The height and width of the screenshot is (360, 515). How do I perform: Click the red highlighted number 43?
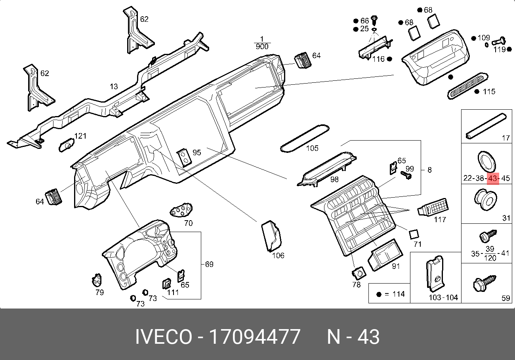(493, 178)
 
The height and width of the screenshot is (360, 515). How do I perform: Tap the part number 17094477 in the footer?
(254, 337)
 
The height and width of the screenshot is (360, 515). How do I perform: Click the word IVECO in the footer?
(163, 337)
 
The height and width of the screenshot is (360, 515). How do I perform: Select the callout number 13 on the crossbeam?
(114, 86)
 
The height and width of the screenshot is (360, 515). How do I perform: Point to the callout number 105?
(312, 148)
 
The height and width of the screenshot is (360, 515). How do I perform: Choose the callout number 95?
(197, 152)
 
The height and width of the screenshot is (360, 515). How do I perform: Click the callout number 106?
(278, 255)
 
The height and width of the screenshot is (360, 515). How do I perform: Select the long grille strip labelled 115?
(466, 85)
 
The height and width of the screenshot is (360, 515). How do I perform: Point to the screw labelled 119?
(499, 40)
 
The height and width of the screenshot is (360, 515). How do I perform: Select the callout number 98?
(335, 179)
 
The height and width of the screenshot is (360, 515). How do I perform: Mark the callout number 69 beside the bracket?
(209, 264)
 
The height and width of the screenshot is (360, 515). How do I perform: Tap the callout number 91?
(396, 266)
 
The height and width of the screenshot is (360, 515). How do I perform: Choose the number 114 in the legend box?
(399, 294)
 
